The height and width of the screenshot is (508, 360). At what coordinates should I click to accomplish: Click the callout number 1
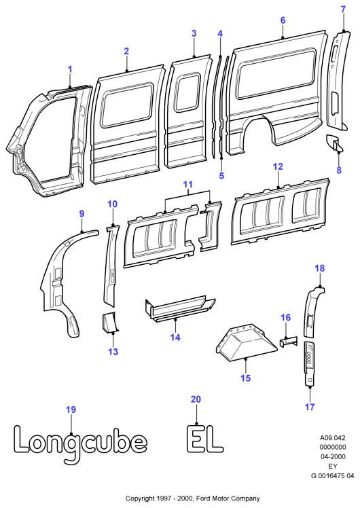tap(70, 69)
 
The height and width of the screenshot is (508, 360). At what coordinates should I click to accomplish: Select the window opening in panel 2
tap(127, 105)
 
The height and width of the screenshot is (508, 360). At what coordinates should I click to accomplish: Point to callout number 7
tap(344, 10)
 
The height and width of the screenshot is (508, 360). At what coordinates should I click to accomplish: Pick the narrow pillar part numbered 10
tap(111, 265)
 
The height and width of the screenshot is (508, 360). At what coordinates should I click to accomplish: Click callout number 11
tap(188, 184)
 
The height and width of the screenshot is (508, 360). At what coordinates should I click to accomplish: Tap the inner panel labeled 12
tap(280, 212)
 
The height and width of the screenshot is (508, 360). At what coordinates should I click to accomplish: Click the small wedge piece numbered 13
tap(109, 322)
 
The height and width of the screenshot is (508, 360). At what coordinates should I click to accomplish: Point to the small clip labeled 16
tap(289, 342)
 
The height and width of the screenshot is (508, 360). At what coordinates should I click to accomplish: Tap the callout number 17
tap(310, 407)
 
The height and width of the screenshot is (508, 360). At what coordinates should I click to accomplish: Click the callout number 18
tap(319, 268)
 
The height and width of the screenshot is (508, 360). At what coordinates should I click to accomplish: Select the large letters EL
tap(204, 438)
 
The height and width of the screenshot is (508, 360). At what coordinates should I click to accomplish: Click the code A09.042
tap(333, 437)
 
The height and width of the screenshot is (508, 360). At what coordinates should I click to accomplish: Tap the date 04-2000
tap(333, 456)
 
